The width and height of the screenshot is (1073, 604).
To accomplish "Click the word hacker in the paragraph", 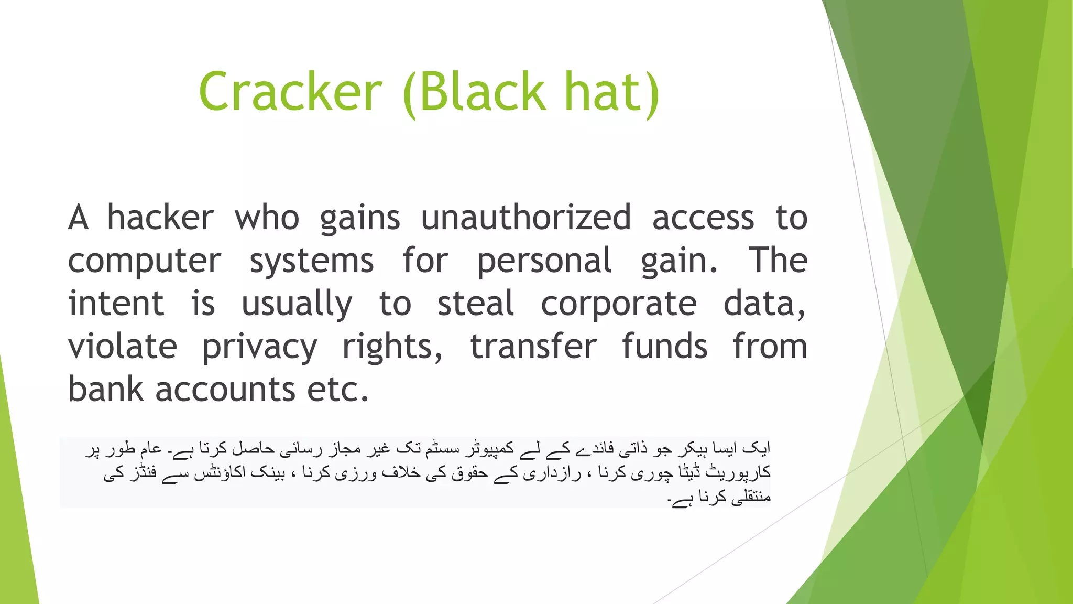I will pyautogui.click(x=160, y=218).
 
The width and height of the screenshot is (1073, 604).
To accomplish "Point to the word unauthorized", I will pyautogui.click(x=526, y=218).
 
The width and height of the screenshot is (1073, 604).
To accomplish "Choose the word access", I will pyautogui.click(x=703, y=219).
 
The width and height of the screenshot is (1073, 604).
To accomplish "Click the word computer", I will pyautogui.click(x=145, y=262).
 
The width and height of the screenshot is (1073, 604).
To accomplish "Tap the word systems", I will pyautogui.click(x=311, y=262).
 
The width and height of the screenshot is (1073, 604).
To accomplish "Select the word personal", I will pyautogui.click(x=544, y=262).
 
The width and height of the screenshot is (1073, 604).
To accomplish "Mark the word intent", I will pyautogui.click(x=116, y=304).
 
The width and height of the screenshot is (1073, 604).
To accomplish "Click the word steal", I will pyautogui.click(x=476, y=304).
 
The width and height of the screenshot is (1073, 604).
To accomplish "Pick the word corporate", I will pyautogui.click(x=618, y=305).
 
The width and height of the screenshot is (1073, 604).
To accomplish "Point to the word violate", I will pyautogui.click(x=123, y=347).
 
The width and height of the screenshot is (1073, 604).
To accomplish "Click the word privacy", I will pyautogui.click(x=260, y=348).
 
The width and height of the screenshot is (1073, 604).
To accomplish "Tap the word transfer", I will pyautogui.click(x=533, y=347).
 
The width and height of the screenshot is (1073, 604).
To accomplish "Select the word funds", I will pyautogui.click(x=664, y=347).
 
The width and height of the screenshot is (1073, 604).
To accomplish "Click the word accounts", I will pyautogui.click(x=225, y=391).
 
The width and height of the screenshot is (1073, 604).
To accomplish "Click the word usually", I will pyautogui.click(x=297, y=305).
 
